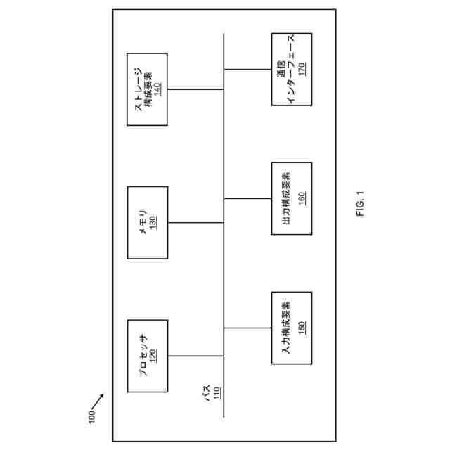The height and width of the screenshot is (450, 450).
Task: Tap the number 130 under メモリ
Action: click(x=153, y=222)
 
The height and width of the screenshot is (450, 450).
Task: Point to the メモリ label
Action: click(x=142, y=222)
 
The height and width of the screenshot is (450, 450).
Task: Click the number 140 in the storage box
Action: click(x=158, y=89)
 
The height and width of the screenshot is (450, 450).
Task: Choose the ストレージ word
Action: click(x=138, y=89)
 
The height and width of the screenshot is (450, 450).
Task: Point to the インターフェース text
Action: click(x=292, y=69)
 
